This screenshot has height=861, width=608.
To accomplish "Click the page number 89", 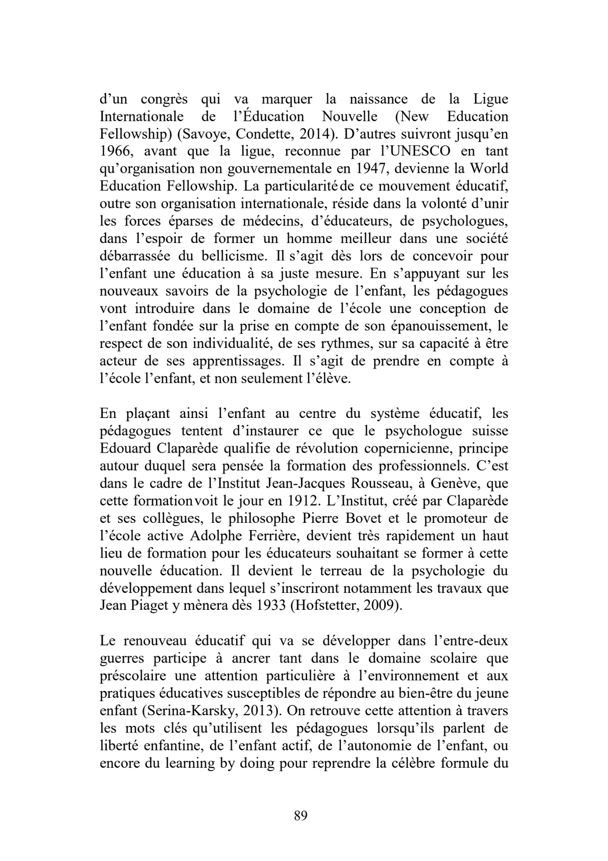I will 301,815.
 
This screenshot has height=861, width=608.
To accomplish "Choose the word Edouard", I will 125,449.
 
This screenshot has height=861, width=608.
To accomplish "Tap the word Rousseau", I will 388,483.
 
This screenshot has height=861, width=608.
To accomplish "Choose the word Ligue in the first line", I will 490,99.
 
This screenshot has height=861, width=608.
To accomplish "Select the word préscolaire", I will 132,676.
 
